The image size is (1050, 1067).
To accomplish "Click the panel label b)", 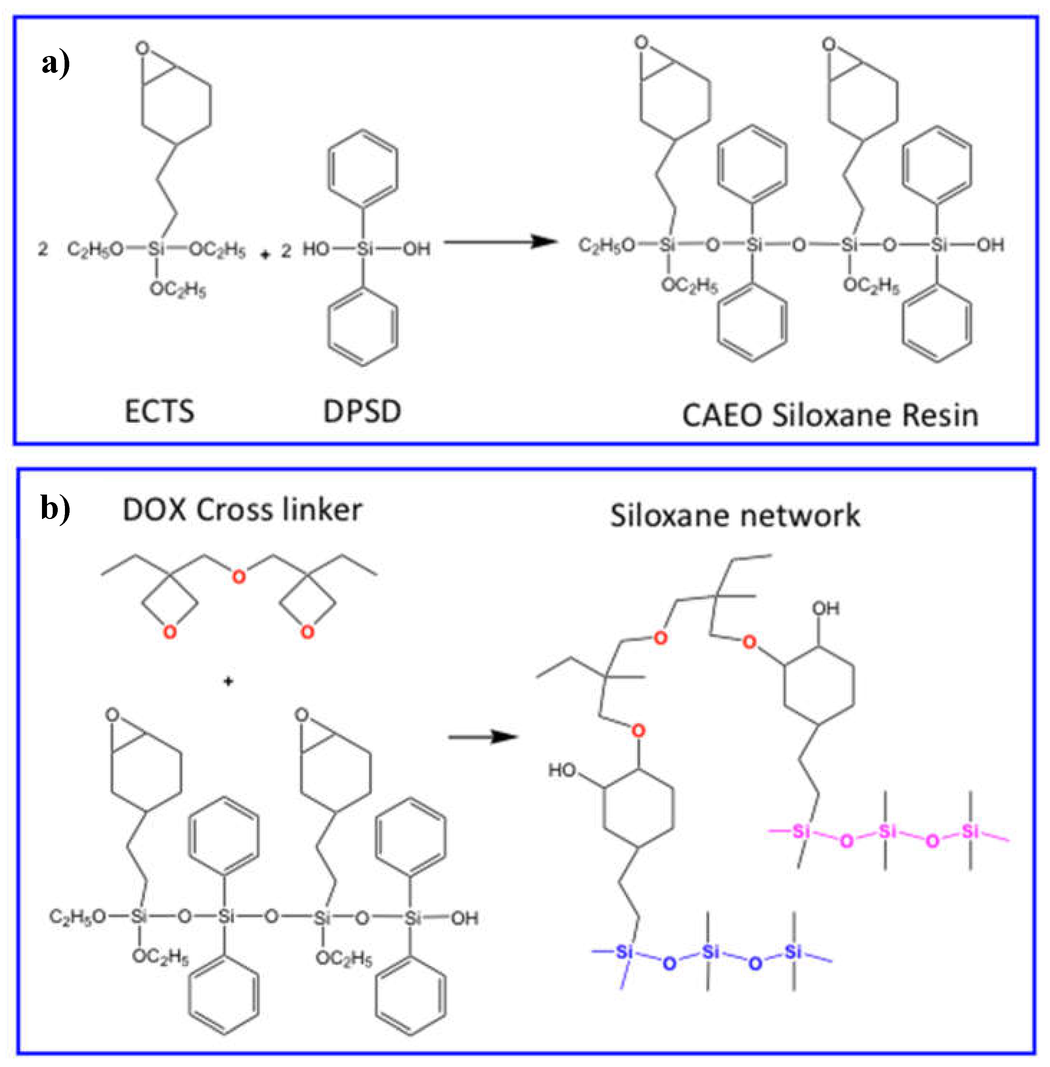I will tap(56, 508).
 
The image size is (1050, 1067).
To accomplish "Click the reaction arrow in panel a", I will tap(499, 242).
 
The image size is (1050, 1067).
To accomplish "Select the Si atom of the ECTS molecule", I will tap(156, 249).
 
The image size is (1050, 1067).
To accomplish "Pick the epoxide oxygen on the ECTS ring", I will tap(143, 48).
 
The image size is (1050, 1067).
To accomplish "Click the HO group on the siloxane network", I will tap(562, 770).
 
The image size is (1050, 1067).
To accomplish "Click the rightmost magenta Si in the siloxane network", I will tap(970, 831).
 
